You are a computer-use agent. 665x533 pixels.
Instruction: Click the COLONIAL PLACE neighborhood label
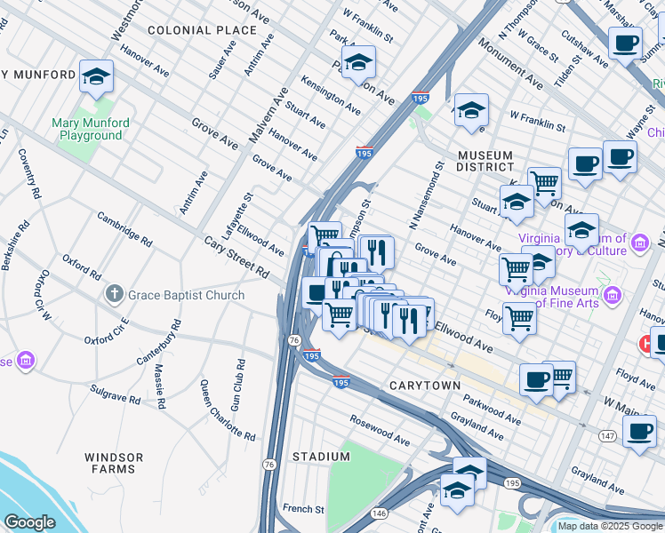pos(190,30)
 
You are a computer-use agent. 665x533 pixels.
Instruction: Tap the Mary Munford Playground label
pos(91,129)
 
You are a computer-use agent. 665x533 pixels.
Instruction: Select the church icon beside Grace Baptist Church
pos(114,294)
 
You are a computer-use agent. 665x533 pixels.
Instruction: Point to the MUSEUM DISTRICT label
pos(485,161)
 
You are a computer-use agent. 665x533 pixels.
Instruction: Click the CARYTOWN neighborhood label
pos(425,386)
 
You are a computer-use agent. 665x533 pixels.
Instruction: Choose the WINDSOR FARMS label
pos(114,462)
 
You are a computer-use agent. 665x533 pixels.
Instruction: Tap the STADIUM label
pos(321,457)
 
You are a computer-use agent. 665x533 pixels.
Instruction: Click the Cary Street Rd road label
pos(236,257)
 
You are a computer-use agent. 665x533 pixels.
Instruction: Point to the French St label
pos(303,509)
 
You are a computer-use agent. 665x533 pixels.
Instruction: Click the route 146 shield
pos(380,513)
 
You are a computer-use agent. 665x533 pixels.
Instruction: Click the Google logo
pos(29,522)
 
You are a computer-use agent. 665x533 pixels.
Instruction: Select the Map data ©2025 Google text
pos(609,526)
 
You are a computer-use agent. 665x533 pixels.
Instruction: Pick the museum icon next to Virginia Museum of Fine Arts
pos(611,294)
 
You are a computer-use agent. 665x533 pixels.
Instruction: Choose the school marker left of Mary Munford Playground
pos(96,77)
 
